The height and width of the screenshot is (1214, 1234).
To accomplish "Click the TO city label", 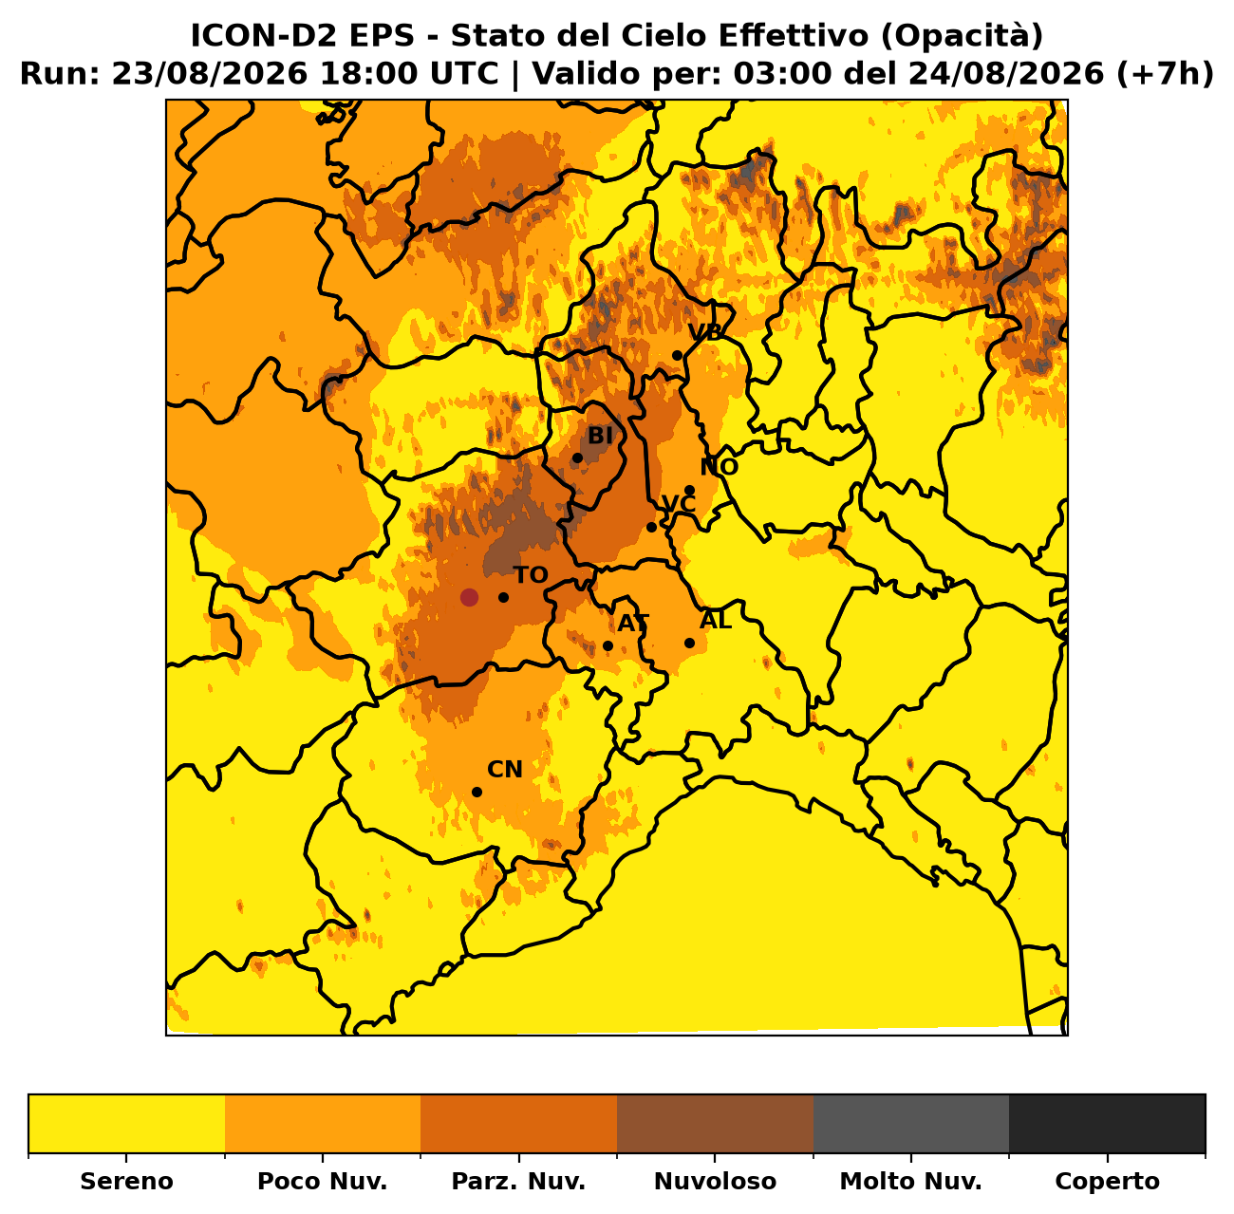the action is click(531, 575).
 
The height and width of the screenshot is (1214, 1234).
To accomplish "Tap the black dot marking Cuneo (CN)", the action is click(477, 793).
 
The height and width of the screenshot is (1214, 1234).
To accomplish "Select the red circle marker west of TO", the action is click(469, 598).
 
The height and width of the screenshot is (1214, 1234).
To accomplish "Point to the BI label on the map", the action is click(600, 436).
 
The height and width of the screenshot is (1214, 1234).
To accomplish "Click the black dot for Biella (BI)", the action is click(577, 458).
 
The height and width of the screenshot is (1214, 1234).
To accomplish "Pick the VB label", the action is click(704, 332).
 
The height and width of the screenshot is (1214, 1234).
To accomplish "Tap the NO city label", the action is click(719, 467).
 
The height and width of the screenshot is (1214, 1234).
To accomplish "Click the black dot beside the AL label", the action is click(690, 644).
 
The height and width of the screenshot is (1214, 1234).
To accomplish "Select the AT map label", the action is click(633, 623).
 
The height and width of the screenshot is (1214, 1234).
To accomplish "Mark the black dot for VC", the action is click(651, 527).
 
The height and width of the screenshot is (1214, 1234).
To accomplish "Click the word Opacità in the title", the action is click(962, 36).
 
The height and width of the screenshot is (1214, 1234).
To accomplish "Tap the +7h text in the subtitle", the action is click(1165, 73).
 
